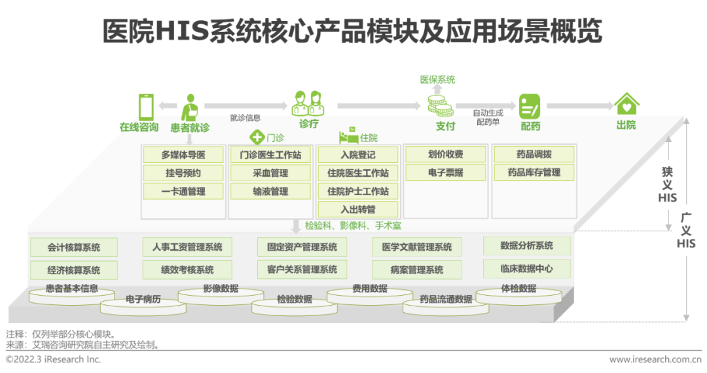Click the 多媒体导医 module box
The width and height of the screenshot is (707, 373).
point(183,155)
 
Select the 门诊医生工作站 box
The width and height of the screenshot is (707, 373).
point(270,155)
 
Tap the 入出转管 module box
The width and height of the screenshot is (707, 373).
point(357,210)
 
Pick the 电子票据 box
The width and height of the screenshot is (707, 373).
point(445,173)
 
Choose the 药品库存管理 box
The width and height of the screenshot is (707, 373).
point(534,173)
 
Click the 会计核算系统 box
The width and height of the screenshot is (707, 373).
point(74,247)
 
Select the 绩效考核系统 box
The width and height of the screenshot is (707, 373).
point(187,270)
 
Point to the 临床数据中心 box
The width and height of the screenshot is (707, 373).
point(526,268)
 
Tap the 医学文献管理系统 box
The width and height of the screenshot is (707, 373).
point(417,247)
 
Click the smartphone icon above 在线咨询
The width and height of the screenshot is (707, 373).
point(146,106)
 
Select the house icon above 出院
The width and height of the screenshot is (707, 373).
point(626,104)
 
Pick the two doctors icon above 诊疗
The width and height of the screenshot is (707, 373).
point(308,103)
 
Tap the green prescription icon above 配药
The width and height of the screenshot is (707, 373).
point(529,105)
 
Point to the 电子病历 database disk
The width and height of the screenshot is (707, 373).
point(143,301)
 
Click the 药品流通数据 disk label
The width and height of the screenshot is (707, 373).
point(446,300)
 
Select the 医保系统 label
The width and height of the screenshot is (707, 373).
point(437,80)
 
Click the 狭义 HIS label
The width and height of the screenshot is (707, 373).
point(668,184)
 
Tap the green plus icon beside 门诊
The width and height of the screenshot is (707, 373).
point(257,137)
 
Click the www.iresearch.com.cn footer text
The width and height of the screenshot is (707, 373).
point(655,359)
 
